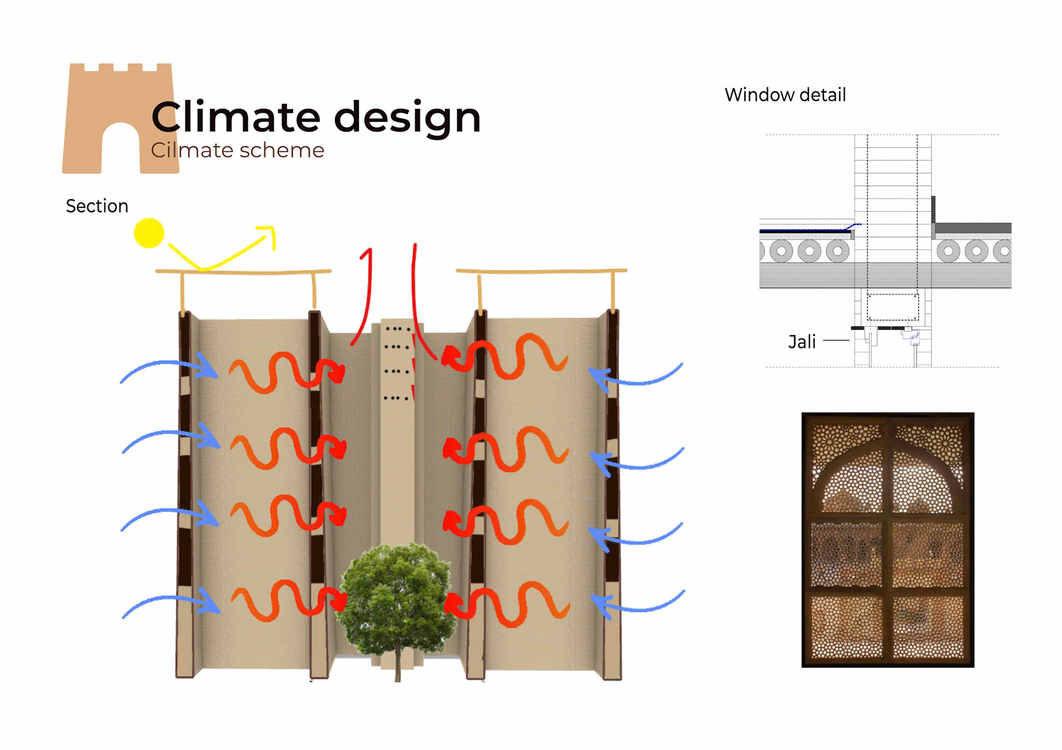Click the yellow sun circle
(x=149, y=233)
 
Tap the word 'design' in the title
(x=407, y=117)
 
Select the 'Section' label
(x=97, y=206)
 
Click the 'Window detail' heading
(x=785, y=95)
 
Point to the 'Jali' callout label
(x=801, y=342)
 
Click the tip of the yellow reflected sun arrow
(x=272, y=229)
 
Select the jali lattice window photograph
(x=887, y=539)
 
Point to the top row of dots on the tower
(x=397, y=329)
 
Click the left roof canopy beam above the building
(x=243, y=272)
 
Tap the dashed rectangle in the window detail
(x=892, y=307)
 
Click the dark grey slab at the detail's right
(x=972, y=228)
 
